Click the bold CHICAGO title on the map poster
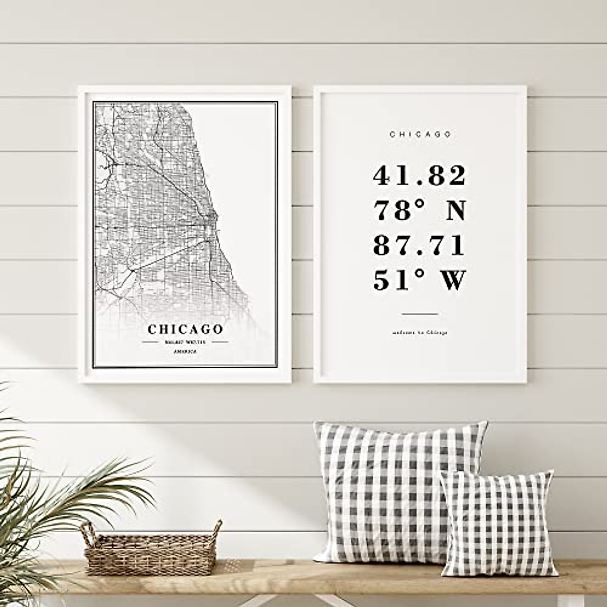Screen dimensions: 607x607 pos(185,329)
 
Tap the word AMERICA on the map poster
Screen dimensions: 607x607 pos(185,351)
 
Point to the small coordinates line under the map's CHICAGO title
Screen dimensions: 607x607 pos(185,342)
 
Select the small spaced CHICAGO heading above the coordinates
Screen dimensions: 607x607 pos(420,134)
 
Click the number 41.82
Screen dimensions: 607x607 pos(419,176)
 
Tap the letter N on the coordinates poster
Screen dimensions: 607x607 pos(455,210)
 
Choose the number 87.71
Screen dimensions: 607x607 pos(419,246)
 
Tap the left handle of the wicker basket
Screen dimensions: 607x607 pos(89,531)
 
